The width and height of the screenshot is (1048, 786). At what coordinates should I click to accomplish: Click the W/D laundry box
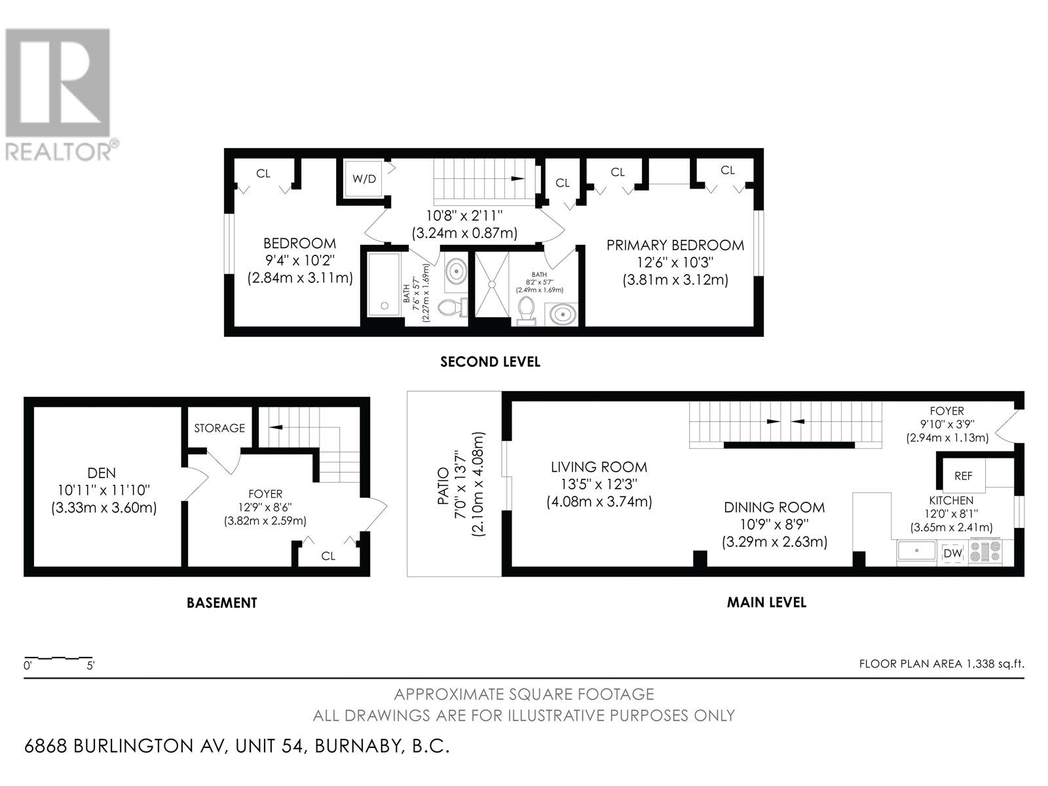365,179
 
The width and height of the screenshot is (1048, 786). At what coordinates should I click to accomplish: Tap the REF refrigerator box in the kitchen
964,476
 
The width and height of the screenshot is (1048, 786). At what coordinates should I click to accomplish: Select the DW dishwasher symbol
952,553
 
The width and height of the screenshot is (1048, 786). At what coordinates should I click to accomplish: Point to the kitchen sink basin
916,552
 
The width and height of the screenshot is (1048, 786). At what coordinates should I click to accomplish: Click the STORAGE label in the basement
219,428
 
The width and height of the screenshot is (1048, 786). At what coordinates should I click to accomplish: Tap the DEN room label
102,473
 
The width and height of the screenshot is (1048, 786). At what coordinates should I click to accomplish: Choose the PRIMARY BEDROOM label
675,245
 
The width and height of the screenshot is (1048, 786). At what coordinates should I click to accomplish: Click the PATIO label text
443,486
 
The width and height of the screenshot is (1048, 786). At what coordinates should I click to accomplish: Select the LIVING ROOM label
599,467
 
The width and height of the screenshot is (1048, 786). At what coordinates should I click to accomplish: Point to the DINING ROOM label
774,507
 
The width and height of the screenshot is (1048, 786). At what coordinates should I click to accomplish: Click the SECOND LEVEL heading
491,362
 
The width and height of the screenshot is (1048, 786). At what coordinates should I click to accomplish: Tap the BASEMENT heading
222,603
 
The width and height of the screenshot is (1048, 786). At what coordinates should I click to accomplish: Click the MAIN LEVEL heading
767,602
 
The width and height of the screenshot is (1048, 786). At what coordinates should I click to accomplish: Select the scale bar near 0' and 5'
58,658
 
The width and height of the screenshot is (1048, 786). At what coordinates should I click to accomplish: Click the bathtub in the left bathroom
384,284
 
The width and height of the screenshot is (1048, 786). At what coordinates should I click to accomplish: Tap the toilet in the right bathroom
526,311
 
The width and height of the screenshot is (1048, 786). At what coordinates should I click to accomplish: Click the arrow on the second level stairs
518,178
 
